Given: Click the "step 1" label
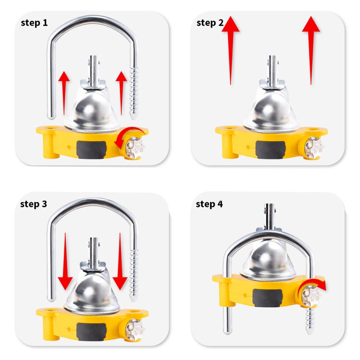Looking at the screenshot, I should (34, 23).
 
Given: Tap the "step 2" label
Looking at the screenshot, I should (210, 23).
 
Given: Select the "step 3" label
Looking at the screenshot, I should (33, 204).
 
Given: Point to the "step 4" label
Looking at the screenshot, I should (209, 204).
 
